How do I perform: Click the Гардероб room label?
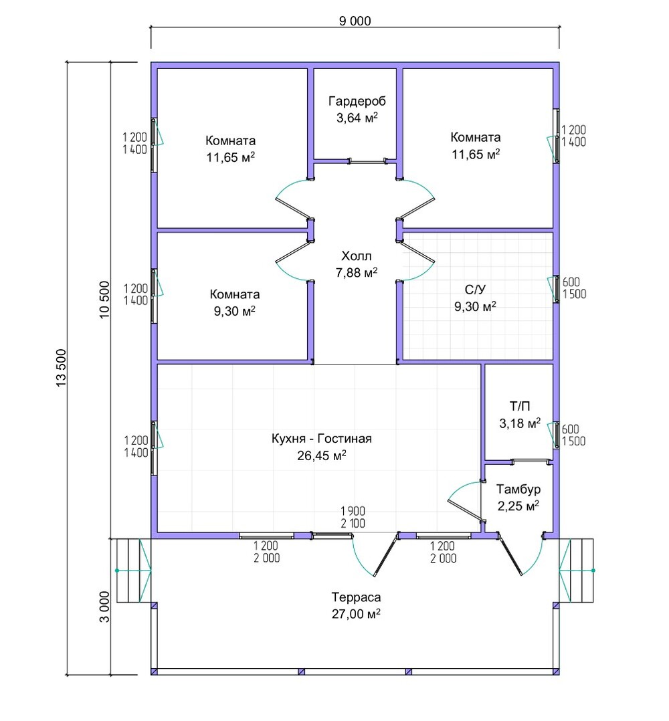pyautogui.click(x=357, y=101)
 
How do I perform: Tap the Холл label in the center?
pyautogui.click(x=357, y=255)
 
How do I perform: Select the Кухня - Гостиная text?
pyautogui.click(x=321, y=439)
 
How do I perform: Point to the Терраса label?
pyautogui.click(x=357, y=597)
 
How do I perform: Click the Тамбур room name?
pyautogui.click(x=518, y=490)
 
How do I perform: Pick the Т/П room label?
pyautogui.click(x=520, y=407)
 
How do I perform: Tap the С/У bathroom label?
pyautogui.click(x=475, y=290)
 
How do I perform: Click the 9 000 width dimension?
pyautogui.click(x=355, y=21)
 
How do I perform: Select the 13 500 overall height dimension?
pyautogui.click(x=61, y=369)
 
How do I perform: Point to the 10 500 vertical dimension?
pyautogui.click(x=104, y=300)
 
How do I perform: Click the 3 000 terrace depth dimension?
pyautogui.click(x=104, y=607)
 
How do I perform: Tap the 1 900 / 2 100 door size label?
pyautogui.click(x=353, y=517)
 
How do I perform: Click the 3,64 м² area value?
pyautogui.click(x=357, y=118)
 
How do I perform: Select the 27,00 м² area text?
pyautogui.click(x=357, y=614)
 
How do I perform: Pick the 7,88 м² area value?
pyautogui.click(x=357, y=273)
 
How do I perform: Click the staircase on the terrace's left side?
pyautogui.click(x=134, y=570)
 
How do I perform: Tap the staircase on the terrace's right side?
pyautogui.click(x=577, y=570)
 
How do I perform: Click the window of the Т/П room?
pyautogui.click(x=557, y=435)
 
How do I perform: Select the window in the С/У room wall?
pyautogui.click(x=557, y=288)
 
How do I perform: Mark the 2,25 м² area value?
pyautogui.click(x=518, y=506)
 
